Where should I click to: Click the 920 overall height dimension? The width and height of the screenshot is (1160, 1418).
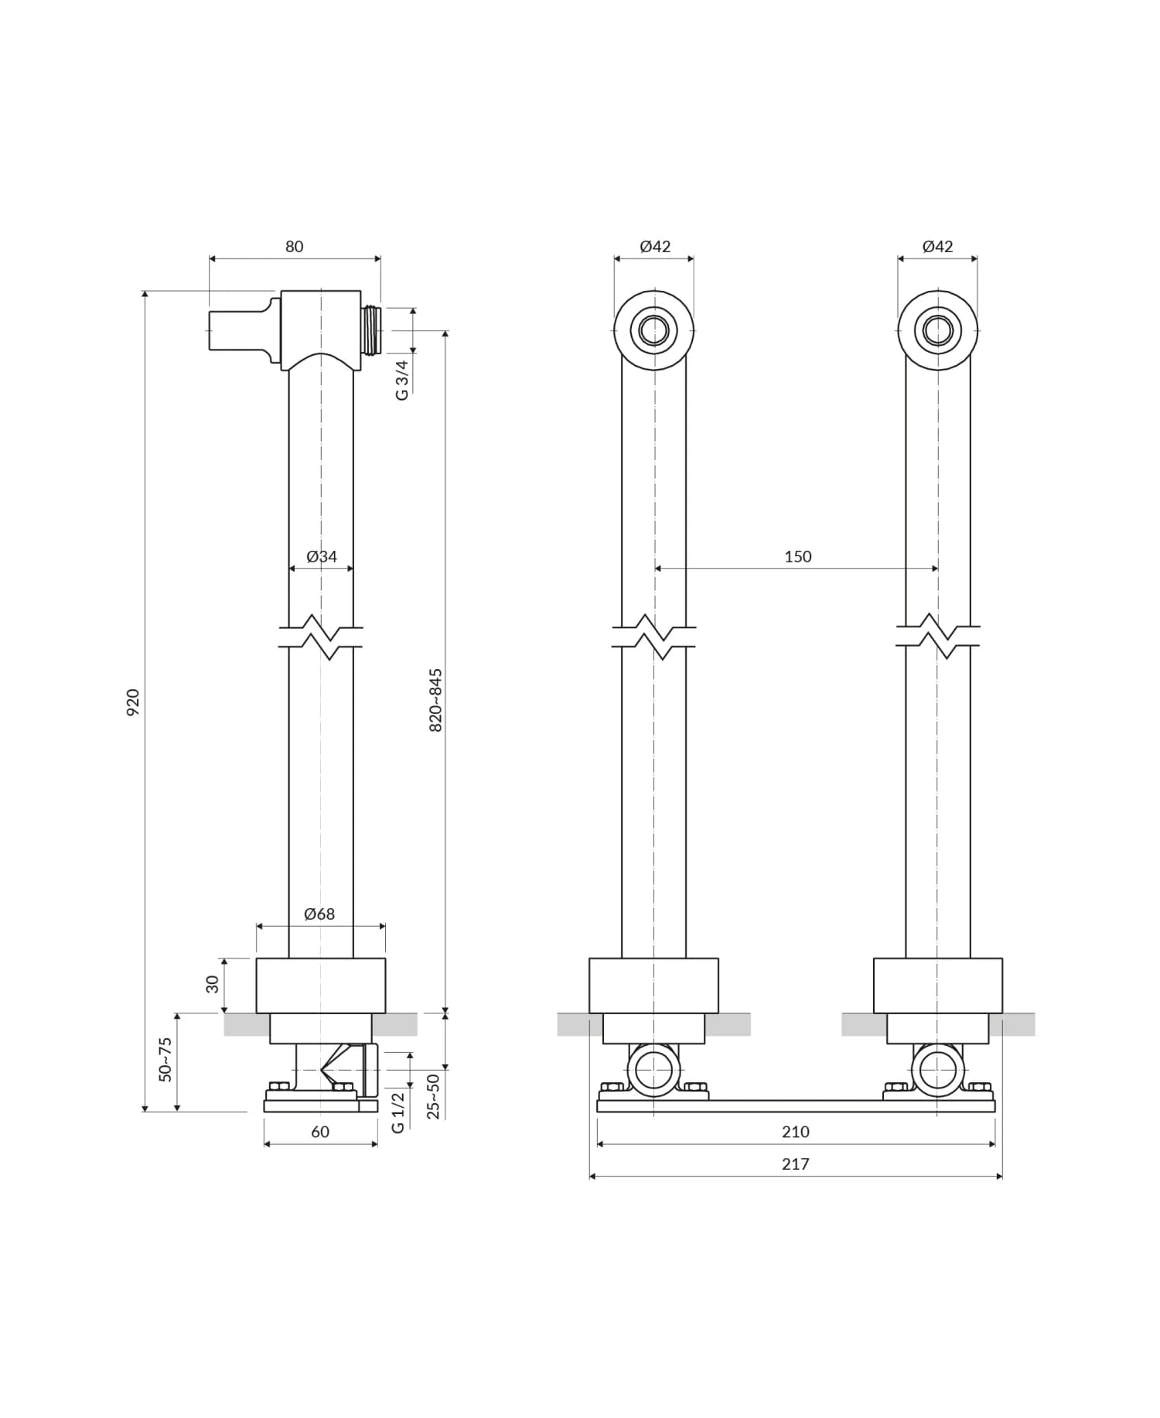point(133,701)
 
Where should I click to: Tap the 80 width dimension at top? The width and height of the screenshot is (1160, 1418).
point(294,247)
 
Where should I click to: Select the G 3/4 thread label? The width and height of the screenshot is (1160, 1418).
point(401,380)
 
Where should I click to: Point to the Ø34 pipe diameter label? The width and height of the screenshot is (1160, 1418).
point(321,556)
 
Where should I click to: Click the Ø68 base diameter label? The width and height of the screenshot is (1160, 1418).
point(319,914)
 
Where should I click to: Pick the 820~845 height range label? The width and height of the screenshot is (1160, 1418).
point(435,700)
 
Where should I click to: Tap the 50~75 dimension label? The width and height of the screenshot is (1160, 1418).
point(165,1059)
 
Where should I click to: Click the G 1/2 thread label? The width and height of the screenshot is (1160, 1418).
point(397,1112)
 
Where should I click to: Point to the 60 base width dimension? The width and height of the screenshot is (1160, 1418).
point(320,1132)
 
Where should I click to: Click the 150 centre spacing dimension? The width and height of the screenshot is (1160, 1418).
point(797,556)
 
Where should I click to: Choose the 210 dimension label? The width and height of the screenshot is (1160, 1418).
point(795,1132)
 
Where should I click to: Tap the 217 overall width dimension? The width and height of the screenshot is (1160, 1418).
point(795,1163)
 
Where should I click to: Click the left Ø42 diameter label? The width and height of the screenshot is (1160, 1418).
point(655,247)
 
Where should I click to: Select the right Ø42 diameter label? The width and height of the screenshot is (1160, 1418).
point(937,247)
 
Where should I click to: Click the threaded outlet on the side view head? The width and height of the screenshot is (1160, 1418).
point(371,330)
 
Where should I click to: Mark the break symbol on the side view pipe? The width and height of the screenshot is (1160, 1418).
point(321,637)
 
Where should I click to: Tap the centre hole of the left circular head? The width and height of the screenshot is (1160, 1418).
point(654,330)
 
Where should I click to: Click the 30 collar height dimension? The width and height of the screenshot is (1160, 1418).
point(213,984)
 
